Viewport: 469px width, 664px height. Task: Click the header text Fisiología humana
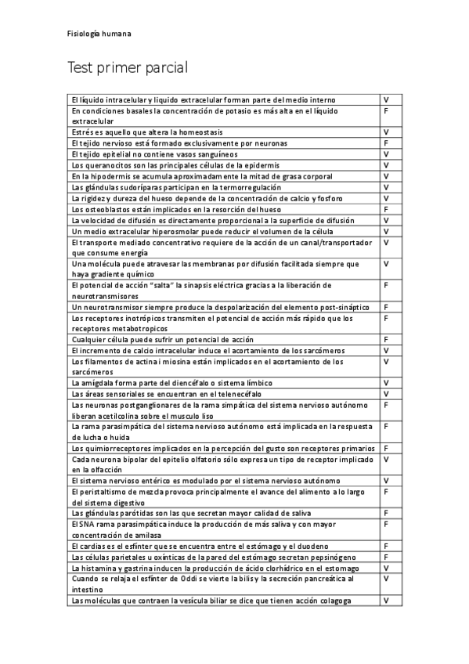coord(99,34)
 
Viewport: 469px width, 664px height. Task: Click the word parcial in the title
coord(160,68)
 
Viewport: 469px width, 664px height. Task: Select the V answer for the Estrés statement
coord(386,132)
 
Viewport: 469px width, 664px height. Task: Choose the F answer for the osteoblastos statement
coord(386,210)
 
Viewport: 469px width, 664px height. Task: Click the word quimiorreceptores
coord(117,448)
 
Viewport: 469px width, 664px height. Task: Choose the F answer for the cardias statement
coord(386,546)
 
